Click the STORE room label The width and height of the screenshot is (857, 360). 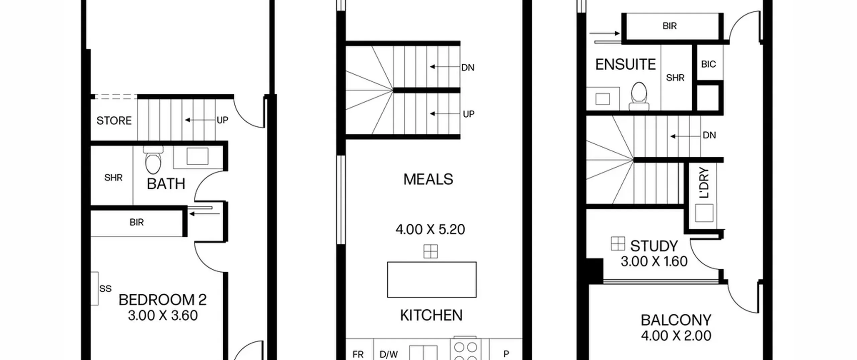point(114,121)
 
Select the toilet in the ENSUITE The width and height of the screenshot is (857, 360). point(639,96)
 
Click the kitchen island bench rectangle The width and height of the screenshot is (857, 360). point(432,280)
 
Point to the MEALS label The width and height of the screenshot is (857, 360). point(428,179)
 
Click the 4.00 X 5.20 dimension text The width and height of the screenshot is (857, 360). point(430,230)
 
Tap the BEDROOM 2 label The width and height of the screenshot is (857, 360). point(162,300)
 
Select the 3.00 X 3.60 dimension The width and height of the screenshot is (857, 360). point(163,315)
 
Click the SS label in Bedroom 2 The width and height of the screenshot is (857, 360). point(105,289)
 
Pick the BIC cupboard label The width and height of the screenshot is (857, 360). point(708,64)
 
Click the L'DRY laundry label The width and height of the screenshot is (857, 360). point(704,183)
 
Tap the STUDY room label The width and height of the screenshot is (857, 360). point(654,246)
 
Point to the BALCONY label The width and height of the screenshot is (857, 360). point(676,320)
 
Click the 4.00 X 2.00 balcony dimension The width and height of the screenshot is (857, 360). point(676,336)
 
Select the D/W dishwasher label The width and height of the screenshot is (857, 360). point(389,354)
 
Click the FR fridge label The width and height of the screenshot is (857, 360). point(358,354)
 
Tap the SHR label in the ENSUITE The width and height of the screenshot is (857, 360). point(675,78)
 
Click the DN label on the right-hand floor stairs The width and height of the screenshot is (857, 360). point(709,135)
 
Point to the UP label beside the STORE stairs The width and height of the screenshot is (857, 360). point(223,120)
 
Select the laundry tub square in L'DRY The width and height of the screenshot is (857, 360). point(704,213)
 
